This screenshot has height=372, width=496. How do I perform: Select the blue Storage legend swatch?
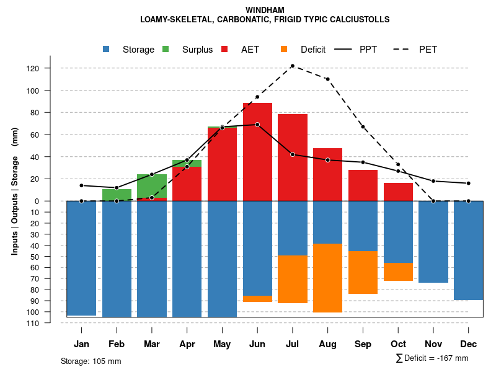coord(107,49)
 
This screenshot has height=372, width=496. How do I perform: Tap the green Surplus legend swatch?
coord(166,49)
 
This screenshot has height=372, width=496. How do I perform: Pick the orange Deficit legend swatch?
coord(285,49)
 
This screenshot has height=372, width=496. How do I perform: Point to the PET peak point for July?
coord(292,66)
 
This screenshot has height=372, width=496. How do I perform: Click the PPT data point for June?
coord(257,125)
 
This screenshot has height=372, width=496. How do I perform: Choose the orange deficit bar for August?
coord(328,278)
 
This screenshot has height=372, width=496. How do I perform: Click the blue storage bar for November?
coord(433,242)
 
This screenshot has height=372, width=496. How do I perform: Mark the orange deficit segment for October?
coord(398,272)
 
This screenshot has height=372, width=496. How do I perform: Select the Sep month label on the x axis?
coord(363,344)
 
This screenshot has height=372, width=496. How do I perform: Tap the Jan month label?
coord(82,344)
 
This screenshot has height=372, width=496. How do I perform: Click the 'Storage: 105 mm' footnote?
coord(91,361)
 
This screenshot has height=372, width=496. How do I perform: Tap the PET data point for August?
coord(327,79)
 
